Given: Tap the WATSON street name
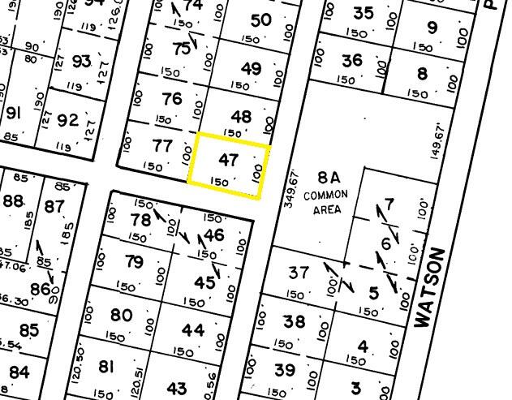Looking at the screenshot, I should coord(432,288).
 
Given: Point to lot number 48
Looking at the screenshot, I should coord(241,117).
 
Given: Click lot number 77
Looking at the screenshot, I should coord(162,147).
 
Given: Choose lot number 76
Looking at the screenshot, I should coord(172,100).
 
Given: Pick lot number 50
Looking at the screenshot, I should coord(260,20).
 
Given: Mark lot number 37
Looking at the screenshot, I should coord(299,273).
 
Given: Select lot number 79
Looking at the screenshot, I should coord(134,262).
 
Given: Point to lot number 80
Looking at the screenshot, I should coord(121,316).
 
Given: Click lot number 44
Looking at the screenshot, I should coord(193,330).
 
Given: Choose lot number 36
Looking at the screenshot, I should coord(351,61).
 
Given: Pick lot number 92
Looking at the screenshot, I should coord(68,122).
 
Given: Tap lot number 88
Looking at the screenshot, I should coord(12,201).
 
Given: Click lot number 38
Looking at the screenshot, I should coord(294,322).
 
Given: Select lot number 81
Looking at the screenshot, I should coord(106,367).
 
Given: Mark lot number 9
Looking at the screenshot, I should coord(432,28).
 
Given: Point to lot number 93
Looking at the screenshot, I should coord(81,62).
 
